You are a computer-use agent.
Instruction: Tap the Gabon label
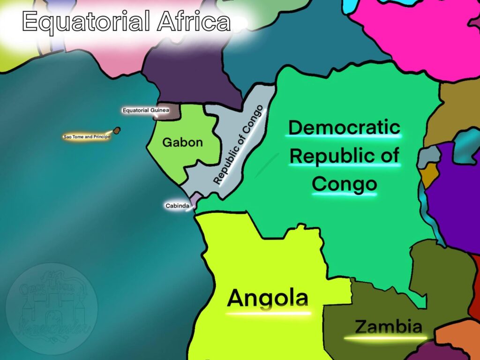click(x=182, y=142)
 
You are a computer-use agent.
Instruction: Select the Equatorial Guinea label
click(x=145, y=111)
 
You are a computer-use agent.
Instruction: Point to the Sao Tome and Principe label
click(x=86, y=137)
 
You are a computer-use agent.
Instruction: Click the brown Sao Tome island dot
click(x=117, y=130)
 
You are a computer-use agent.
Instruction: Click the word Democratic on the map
click(x=344, y=127)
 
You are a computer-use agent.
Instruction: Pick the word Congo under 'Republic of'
click(x=344, y=184)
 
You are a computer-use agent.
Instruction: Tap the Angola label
click(x=268, y=298)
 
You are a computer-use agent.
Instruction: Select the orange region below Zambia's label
click(x=457, y=335)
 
